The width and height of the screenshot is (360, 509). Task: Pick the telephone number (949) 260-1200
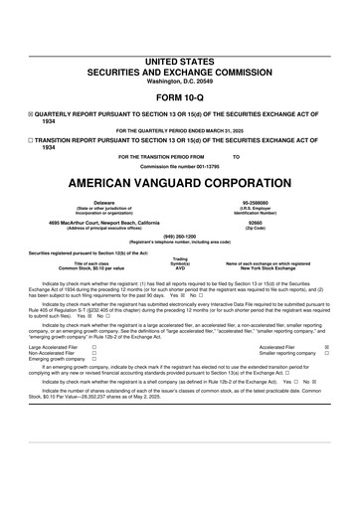(179, 237)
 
